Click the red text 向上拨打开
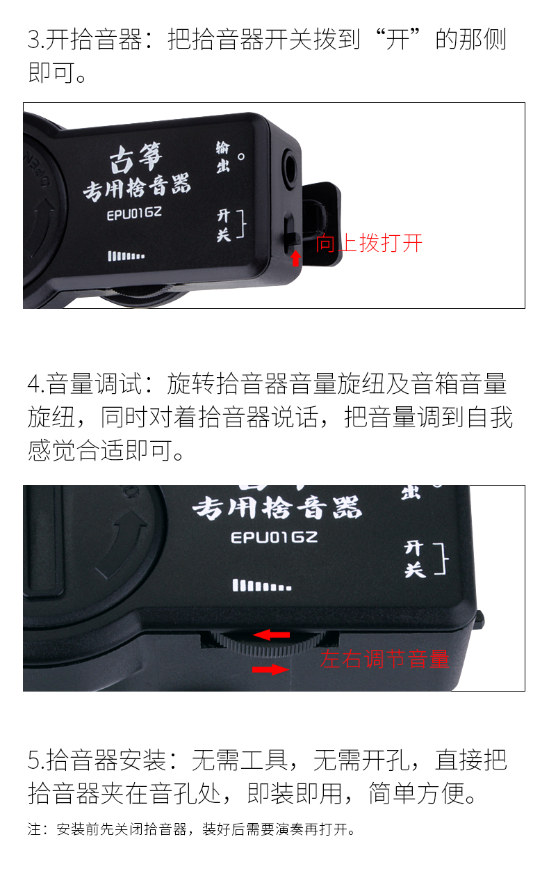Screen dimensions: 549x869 click(x=368, y=244)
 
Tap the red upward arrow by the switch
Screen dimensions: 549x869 click(x=295, y=258)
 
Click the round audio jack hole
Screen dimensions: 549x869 click(x=290, y=168)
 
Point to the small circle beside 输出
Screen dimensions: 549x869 click(x=241, y=157)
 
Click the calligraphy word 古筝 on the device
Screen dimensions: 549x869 click(x=136, y=158)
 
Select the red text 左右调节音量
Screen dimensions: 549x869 click(x=385, y=659)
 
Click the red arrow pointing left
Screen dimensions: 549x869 click(x=271, y=635)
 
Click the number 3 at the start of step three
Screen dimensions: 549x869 click(x=35, y=40)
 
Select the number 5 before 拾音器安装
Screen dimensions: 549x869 click(x=35, y=760)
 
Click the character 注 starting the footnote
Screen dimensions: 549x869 click(x=34, y=830)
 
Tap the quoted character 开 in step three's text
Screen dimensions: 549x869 click(x=398, y=40)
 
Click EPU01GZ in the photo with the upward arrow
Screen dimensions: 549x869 click(x=134, y=214)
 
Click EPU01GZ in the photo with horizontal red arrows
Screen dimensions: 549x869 click(x=274, y=537)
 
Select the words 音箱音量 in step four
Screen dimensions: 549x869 click(x=459, y=384)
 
